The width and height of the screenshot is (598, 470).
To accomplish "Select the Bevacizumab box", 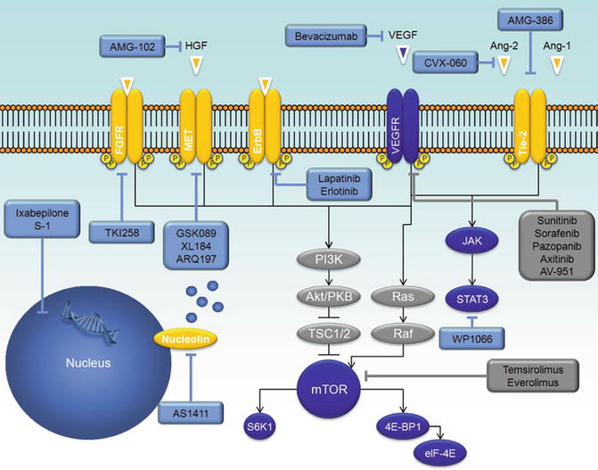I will [329, 36].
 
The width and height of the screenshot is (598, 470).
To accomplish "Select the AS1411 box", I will [189, 414].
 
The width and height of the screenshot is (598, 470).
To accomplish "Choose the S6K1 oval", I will [265, 427].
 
